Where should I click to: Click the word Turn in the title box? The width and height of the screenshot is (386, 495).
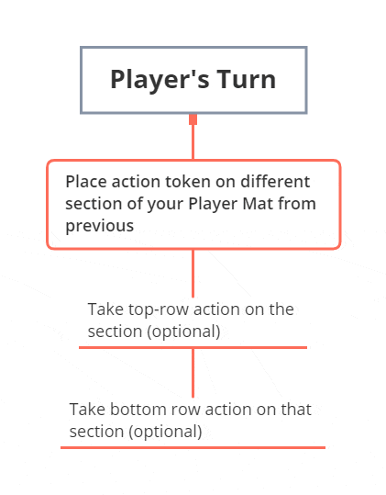tap(247, 79)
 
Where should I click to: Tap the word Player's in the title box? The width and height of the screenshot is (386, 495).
tap(160, 81)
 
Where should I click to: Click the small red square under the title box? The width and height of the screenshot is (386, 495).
tap(193, 119)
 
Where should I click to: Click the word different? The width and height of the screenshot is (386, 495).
tap(275, 182)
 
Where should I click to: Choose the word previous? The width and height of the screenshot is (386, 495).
tap(100, 227)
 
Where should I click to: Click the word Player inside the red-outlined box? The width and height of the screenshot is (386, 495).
tap(213, 205)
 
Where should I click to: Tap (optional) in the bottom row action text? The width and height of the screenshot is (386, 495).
tap(165, 432)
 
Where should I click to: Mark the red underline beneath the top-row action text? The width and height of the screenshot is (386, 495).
tap(193, 347)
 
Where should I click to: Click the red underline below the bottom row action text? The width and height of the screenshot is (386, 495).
tap(193, 447)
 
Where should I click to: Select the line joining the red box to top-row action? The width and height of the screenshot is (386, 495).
tap(193, 274)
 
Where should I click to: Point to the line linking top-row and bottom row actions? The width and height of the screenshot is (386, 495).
tap(193, 373)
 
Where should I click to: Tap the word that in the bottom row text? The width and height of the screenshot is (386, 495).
tap(296, 410)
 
